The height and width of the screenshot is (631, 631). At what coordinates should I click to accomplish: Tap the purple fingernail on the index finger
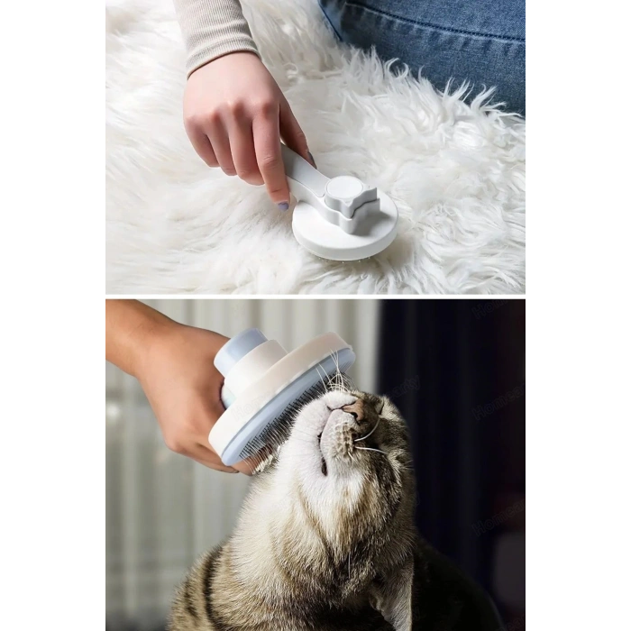click(282, 206)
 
